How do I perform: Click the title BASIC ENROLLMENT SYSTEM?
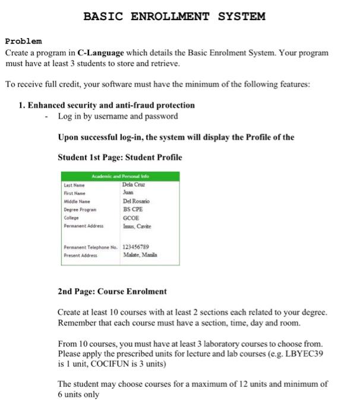pyautogui.click(x=174, y=16)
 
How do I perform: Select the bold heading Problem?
pyautogui.click(x=23, y=41)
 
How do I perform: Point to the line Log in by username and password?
pyautogui.click(x=118, y=116)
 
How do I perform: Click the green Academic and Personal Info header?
pyautogui.click(x=121, y=177)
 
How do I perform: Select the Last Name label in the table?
pyautogui.click(x=75, y=185)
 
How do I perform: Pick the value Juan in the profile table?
pyautogui.click(x=129, y=193)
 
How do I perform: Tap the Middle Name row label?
pyautogui.click(x=77, y=202)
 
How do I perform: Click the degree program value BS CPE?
pyautogui.click(x=133, y=210)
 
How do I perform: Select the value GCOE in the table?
pyautogui.click(x=132, y=218)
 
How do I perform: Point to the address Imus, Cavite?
pyautogui.click(x=137, y=226)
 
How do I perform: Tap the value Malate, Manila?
pyautogui.click(x=140, y=254)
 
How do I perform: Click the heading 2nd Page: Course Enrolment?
pyautogui.click(x=112, y=291)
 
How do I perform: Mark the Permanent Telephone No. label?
pyautogui.click(x=91, y=247)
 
